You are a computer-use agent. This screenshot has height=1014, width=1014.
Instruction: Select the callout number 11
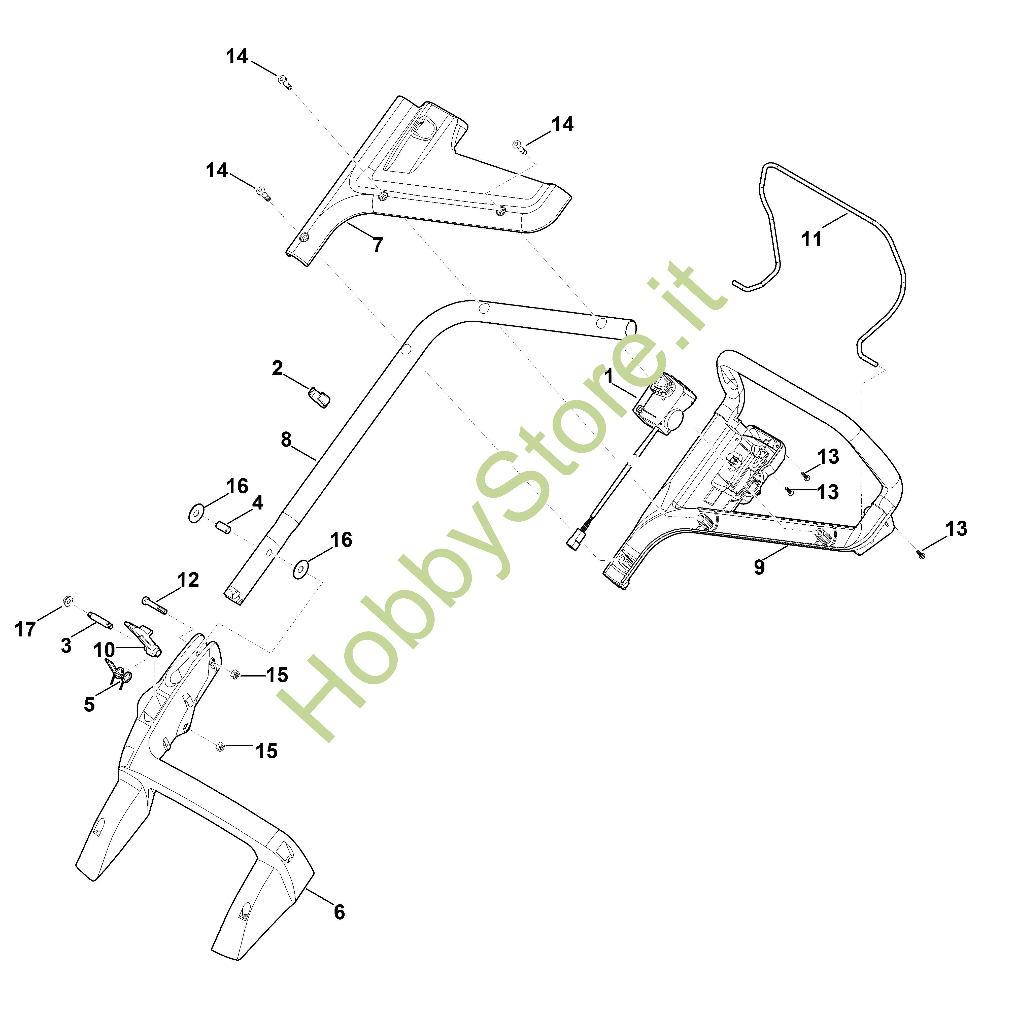(x=812, y=239)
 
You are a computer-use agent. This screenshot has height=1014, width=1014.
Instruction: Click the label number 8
(x=286, y=440)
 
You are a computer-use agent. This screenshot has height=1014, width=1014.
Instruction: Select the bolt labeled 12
(x=154, y=605)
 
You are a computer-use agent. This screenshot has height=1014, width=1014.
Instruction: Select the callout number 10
(x=104, y=650)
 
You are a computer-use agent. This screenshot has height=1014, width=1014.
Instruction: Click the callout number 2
(x=277, y=368)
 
